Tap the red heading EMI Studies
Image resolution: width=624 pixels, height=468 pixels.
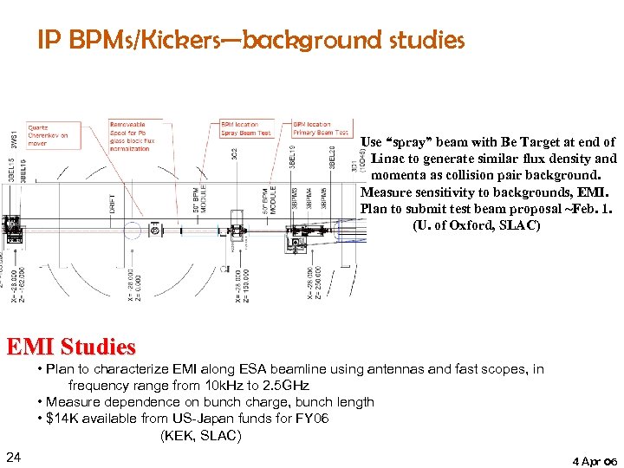71,348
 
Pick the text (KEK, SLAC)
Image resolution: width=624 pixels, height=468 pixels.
201,435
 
